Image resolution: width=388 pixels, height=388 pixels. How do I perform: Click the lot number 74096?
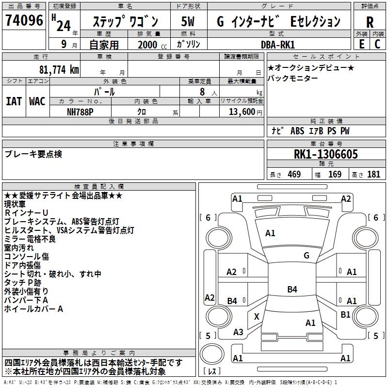click(24, 21)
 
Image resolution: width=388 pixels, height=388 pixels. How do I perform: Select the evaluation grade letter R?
click(370, 22)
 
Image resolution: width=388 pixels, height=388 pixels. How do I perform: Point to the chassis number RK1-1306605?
click(326, 155)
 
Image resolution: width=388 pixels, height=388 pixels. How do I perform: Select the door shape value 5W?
click(188, 22)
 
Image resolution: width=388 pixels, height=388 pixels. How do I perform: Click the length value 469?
click(294, 175)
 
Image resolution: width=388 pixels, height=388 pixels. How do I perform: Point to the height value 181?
click(373, 175)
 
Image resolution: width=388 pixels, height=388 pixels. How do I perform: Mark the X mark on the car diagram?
click(257, 316)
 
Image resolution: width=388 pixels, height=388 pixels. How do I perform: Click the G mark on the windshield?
click(306, 256)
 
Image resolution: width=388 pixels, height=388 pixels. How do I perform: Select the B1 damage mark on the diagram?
click(345, 314)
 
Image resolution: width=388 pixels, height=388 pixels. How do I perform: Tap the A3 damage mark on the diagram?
click(238, 332)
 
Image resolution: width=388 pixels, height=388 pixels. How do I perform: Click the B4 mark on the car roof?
click(292, 290)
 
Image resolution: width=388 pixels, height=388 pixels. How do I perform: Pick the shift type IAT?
click(14, 101)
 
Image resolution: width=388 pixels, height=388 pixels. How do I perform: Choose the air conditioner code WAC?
click(37, 101)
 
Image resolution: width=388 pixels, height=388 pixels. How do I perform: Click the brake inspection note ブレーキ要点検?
click(33, 154)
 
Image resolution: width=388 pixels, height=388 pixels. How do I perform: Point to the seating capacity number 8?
click(200, 92)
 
